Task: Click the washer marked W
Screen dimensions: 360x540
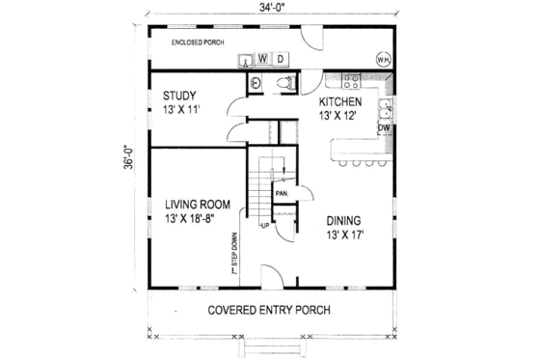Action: point(263,59)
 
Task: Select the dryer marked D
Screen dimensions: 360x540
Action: point(280,59)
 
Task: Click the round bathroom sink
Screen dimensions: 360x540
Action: point(255,83)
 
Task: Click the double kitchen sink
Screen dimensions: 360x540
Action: point(384,106)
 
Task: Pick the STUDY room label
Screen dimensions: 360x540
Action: point(180,96)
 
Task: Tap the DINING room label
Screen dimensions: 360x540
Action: point(344,219)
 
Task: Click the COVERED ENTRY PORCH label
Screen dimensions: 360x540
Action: point(269,310)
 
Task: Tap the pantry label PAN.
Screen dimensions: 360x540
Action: point(283,193)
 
